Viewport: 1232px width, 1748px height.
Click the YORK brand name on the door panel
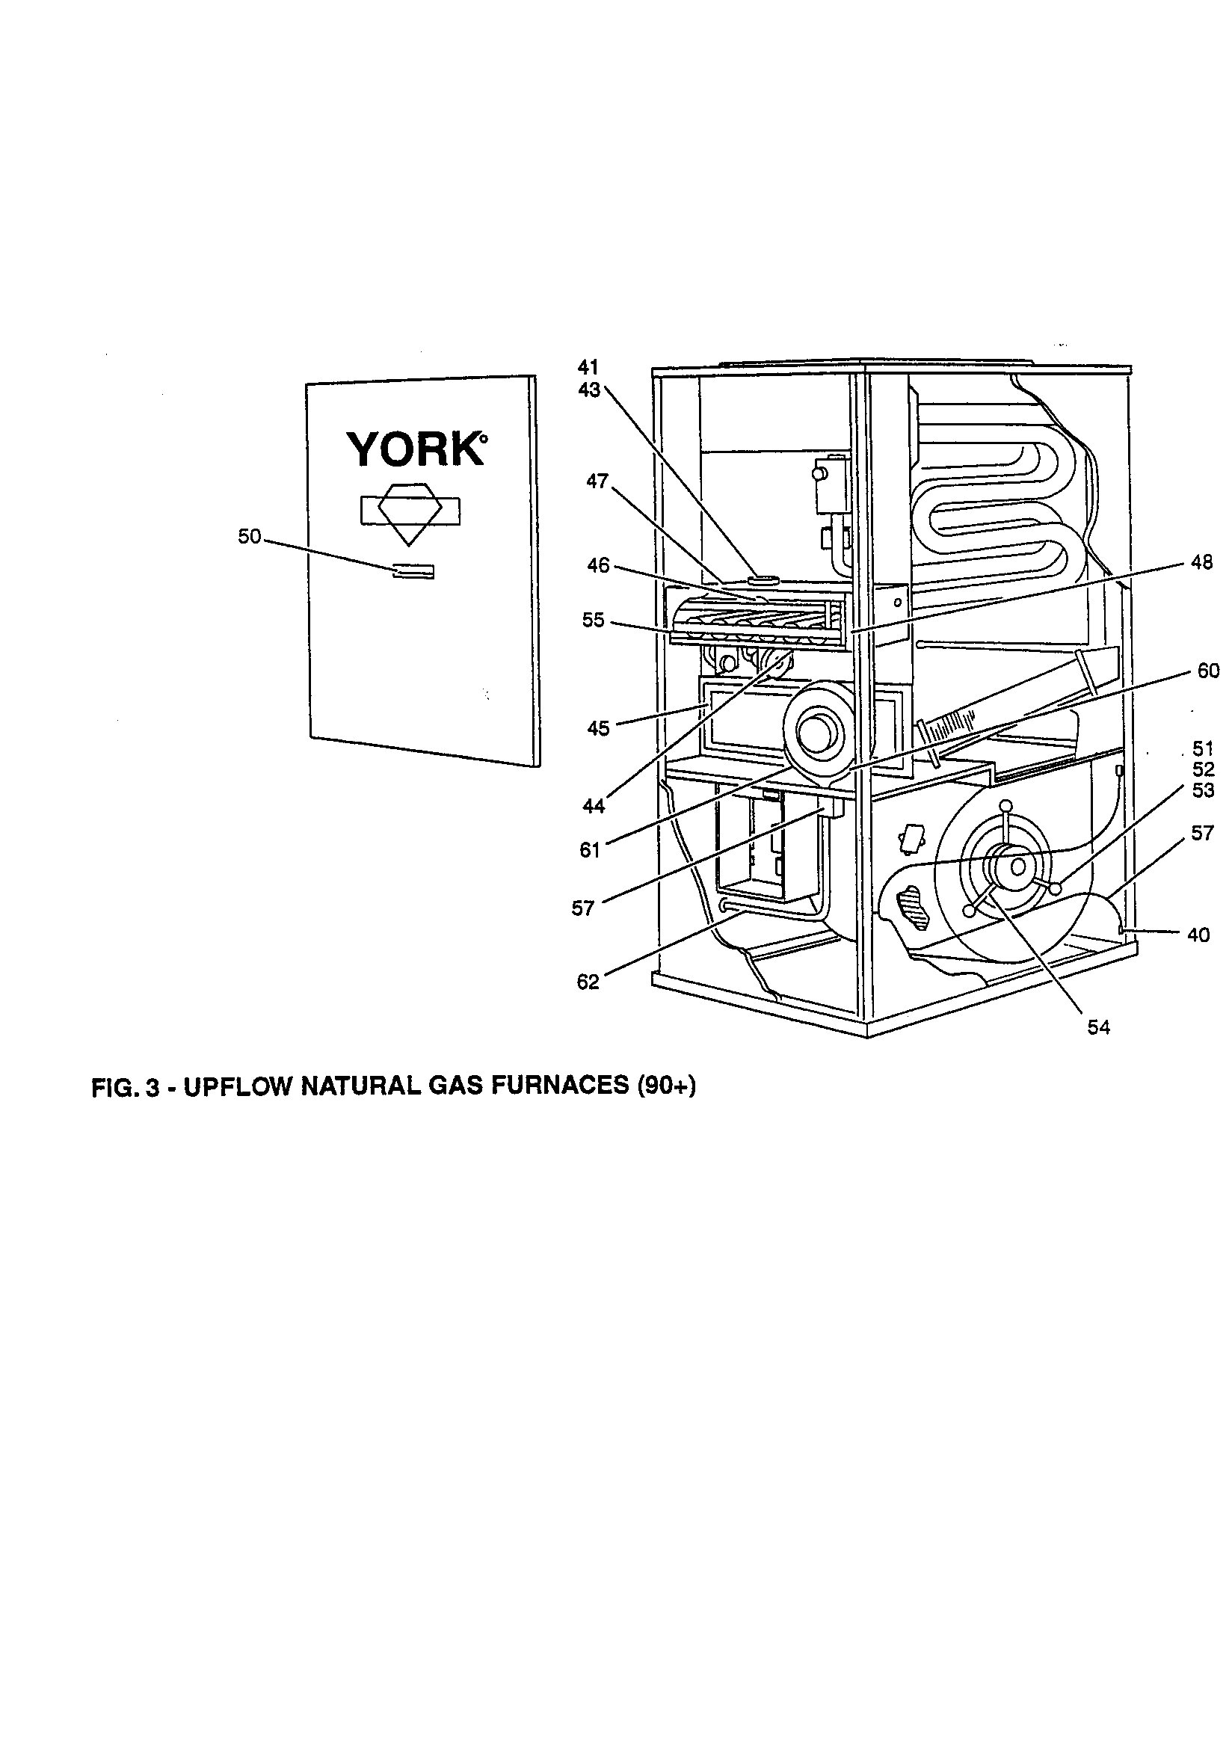tap(416, 450)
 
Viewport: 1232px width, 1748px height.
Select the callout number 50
tap(249, 537)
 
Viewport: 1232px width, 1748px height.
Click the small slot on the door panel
tap(412, 572)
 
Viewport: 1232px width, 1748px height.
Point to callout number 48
tap(1201, 563)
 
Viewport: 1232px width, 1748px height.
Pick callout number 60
tap(1207, 671)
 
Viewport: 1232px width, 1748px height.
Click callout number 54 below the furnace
tap(1098, 1028)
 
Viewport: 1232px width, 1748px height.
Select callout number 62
tap(588, 982)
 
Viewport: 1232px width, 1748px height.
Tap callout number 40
tap(1198, 935)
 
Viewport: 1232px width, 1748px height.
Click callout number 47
tap(597, 481)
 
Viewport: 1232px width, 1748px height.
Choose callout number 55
tap(593, 621)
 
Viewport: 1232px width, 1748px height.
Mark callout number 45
tap(598, 729)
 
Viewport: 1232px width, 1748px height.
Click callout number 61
tap(590, 850)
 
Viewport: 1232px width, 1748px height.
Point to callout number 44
tap(593, 806)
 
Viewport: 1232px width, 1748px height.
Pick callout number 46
tap(598, 566)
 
